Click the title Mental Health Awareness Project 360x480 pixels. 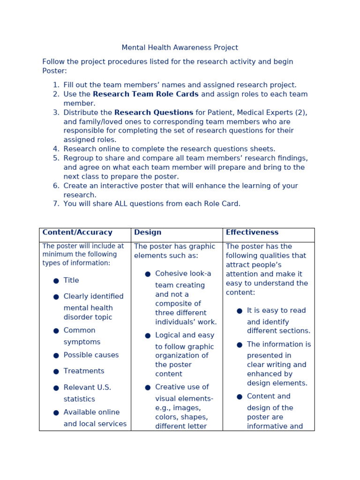coord(180,48)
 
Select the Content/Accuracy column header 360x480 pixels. coord(77,232)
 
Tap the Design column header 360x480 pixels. coord(148,232)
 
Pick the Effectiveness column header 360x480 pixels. coord(252,232)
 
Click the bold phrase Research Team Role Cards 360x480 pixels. coord(145,94)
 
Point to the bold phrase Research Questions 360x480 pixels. coord(153,112)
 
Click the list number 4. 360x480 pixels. coord(56,149)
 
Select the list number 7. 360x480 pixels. coord(56,204)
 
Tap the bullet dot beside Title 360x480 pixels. coord(56,281)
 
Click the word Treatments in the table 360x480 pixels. coord(84,371)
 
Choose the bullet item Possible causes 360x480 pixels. coord(91,355)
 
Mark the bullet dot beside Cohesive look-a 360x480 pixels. coord(148,274)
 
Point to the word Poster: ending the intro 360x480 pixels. coord(54,71)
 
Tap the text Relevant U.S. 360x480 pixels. coord(87,388)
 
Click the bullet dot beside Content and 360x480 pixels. coord(240,397)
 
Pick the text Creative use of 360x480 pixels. coord(182,387)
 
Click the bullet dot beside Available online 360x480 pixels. coord(56,413)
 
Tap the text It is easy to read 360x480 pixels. coord(276,311)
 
